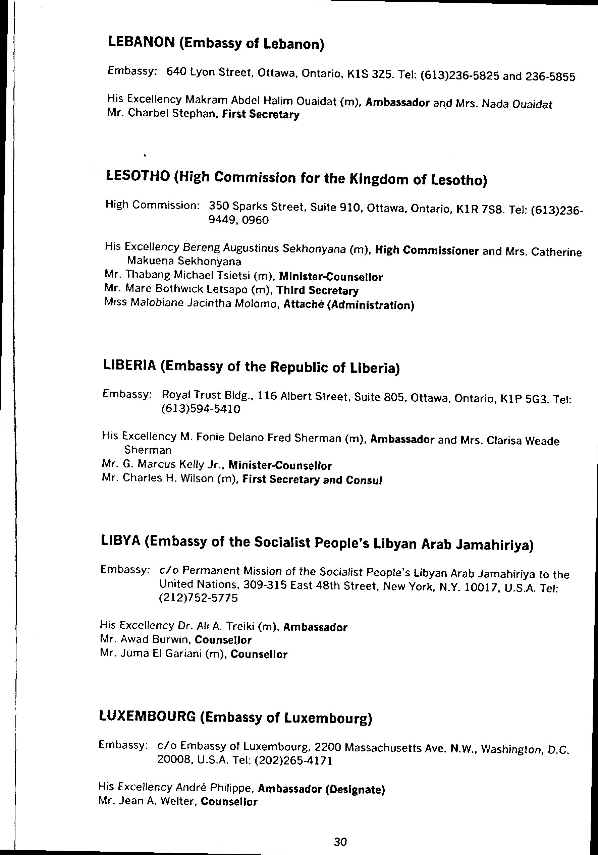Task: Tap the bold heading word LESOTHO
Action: tap(138, 176)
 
